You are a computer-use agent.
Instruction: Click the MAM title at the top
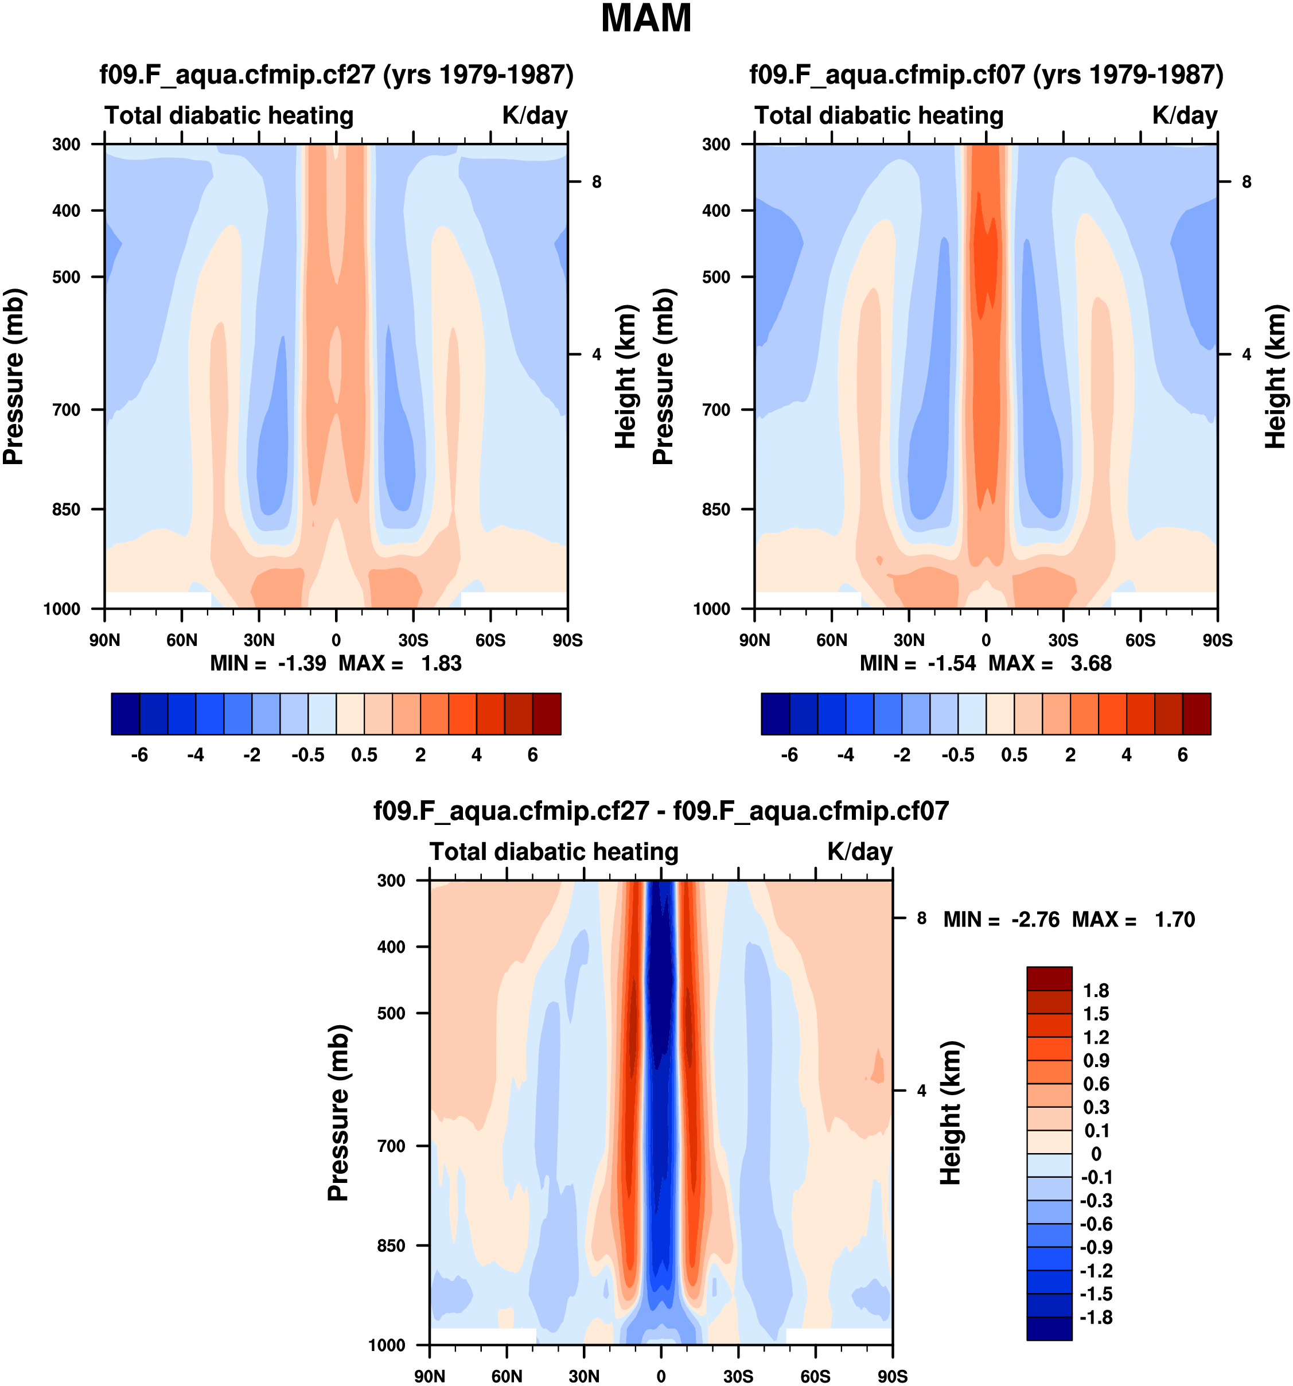tap(646, 19)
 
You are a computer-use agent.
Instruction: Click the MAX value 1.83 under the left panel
tap(441, 663)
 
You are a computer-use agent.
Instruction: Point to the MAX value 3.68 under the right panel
tap(1091, 663)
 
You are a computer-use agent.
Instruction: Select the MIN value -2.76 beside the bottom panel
tap(1035, 920)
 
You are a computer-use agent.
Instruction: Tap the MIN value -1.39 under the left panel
tap(302, 663)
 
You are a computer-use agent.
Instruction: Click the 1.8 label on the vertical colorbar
tap(1096, 991)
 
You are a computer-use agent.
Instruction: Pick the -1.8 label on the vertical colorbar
tap(1096, 1318)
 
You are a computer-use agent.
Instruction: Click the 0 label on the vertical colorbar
tap(1096, 1154)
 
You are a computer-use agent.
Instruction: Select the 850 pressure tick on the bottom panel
tap(391, 1246)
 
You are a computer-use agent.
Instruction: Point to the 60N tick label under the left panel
tap(182, 640)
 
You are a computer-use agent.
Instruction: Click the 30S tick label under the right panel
tap(1063, 640)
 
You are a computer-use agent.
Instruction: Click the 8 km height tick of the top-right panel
tap(1247, 182)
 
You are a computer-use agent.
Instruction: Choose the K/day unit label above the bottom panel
tap(859, 852)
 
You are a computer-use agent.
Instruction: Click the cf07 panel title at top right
tap(986, 75)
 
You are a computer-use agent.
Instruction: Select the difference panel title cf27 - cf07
tap(661, 811)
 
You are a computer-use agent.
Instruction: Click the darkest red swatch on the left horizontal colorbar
tap(547, 714)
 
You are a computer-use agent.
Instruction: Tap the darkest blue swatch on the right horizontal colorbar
tap(775, 714)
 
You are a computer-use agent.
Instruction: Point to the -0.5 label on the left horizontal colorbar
tap(307, 755)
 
